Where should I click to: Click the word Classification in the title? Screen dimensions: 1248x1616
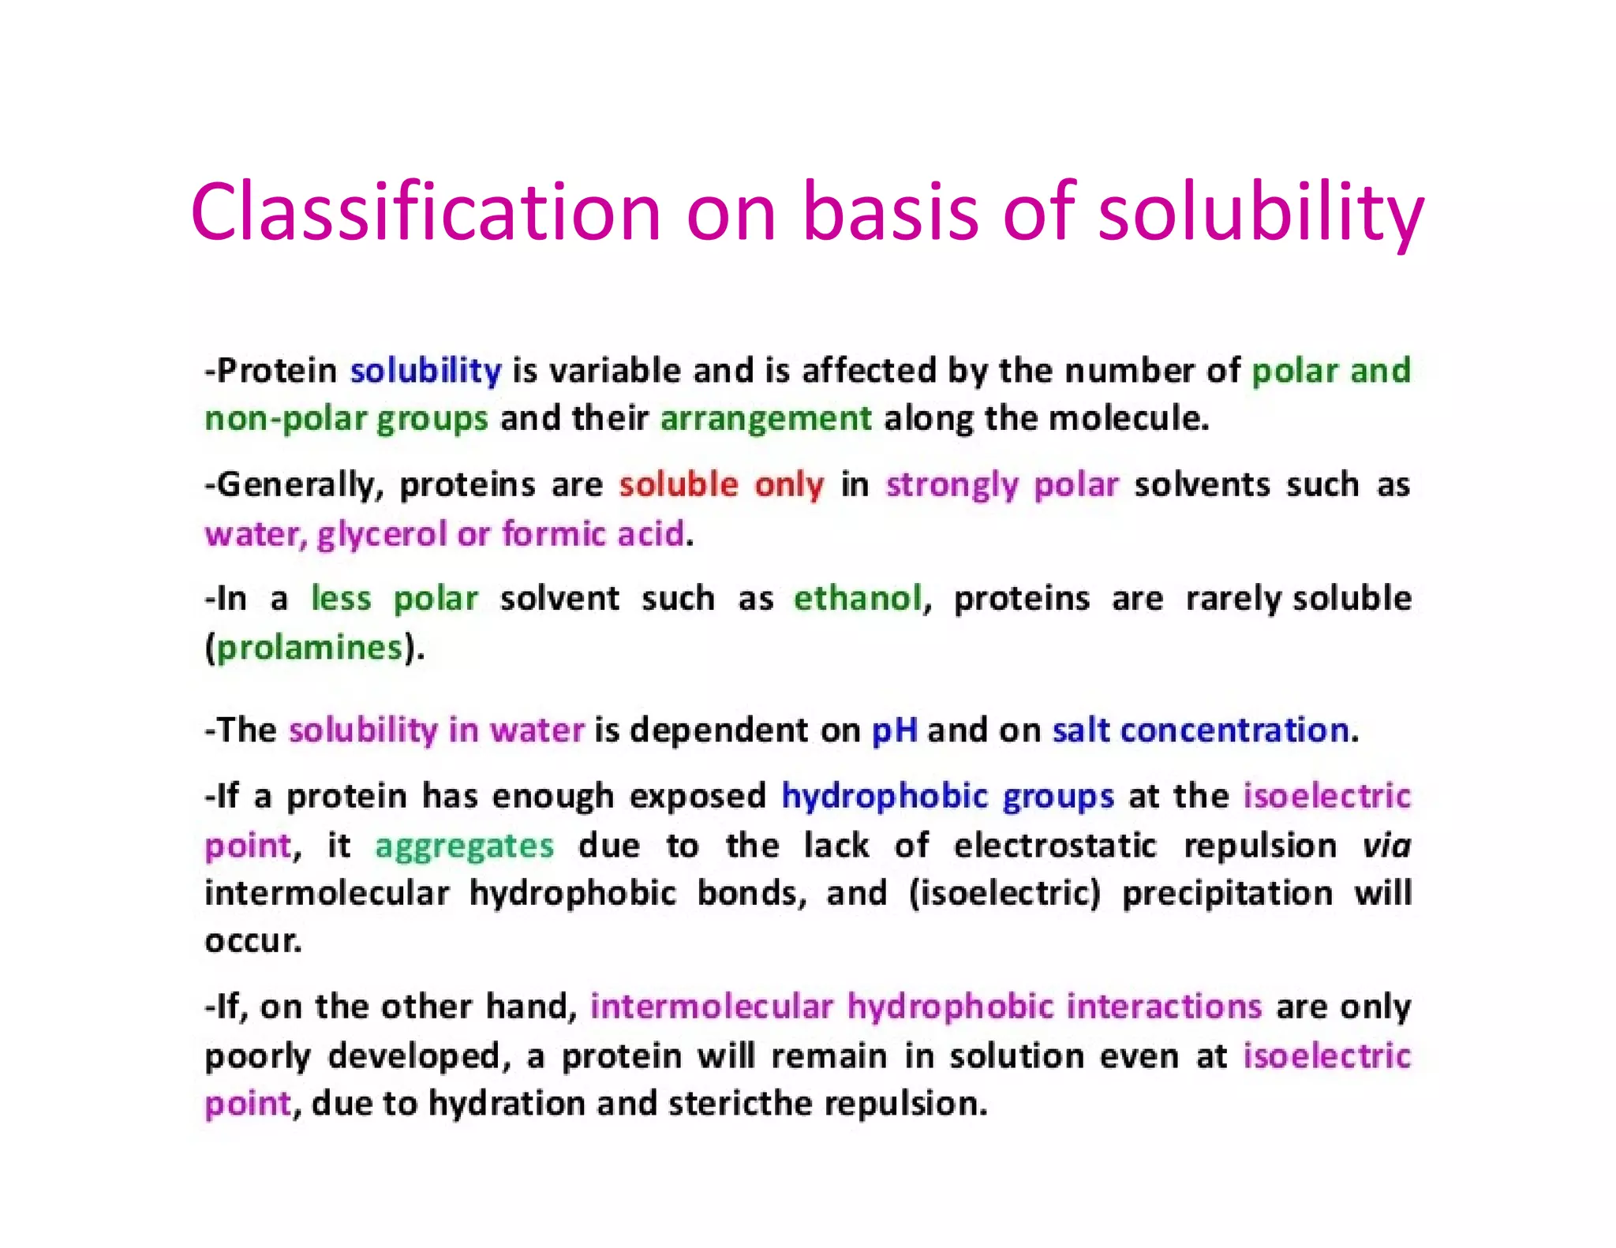pyautogui.click(x=425, y=211)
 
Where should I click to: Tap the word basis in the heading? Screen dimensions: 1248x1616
pyautogui.click(x=891, y=211)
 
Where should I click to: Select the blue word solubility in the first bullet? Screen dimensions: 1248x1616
pyautogui.click(x=425, y=371)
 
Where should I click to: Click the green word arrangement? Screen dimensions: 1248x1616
pyautogui.click(x=765, y=419)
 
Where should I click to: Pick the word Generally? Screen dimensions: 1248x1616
pyautogui.click(x=298, y=485)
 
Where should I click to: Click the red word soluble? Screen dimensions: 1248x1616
pyautogui.click(x=679, y=484)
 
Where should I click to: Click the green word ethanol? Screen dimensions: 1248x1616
pyautogui.click(x=858, y=598)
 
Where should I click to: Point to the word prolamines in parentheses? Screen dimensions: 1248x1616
pyautogui.click(x=310, y=648)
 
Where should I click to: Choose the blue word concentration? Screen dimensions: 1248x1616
pyautogui.click(x=1234, y=730)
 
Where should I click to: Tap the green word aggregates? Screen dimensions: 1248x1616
pyautogui.click(x=464, y=846)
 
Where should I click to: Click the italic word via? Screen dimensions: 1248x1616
pyautogui.click(x=1386, y=845)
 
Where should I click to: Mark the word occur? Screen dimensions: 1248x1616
pyautogui.click(x=252, y=941)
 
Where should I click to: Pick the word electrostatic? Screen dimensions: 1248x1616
pyautogui.click(x=1054, y=845)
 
